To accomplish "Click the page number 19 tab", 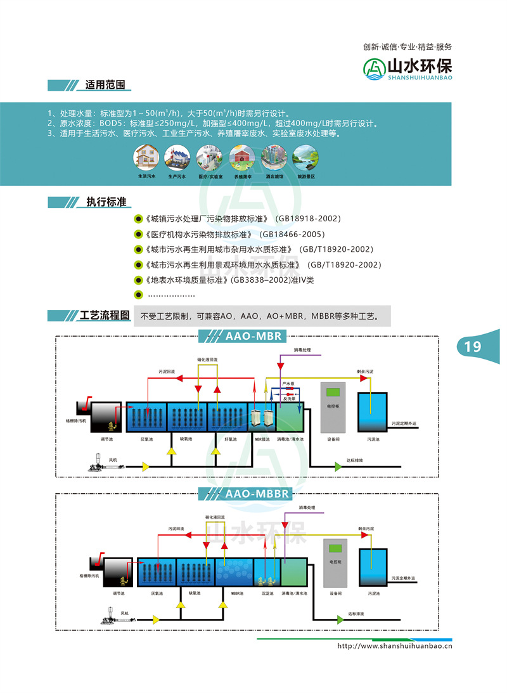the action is click(473, 346).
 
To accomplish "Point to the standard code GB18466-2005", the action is click(288, 234).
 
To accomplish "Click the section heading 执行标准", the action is click(106, 202).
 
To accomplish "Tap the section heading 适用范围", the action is click(105, 85).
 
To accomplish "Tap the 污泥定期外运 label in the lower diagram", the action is click(405, 578).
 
